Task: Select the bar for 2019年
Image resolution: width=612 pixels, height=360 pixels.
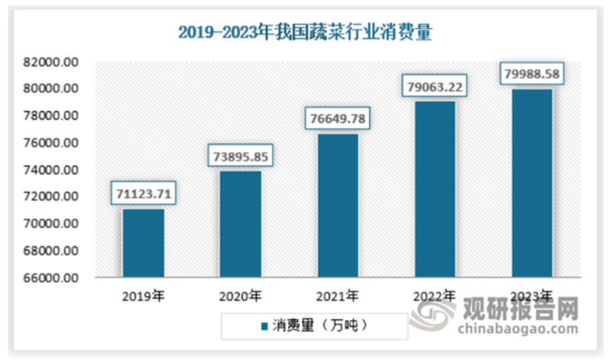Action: coord(143,243)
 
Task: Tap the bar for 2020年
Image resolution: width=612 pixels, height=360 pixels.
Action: coord(240,224)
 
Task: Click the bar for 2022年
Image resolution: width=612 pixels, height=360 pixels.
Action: coord(435,189)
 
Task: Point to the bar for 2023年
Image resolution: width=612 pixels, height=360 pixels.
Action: coord(531,183)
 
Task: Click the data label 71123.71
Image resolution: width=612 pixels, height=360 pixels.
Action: coord(143,195)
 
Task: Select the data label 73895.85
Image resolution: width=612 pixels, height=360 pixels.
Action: coord(240,157)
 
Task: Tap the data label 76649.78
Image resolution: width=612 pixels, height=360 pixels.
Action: coord(337,120)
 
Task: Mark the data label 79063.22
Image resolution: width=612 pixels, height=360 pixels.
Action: coord(435,87)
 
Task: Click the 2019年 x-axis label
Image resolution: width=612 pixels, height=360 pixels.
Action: coord(143,295)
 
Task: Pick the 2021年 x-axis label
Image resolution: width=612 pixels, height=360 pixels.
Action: coord(337,295)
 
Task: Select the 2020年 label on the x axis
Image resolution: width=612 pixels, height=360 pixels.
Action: coord(240,295)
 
